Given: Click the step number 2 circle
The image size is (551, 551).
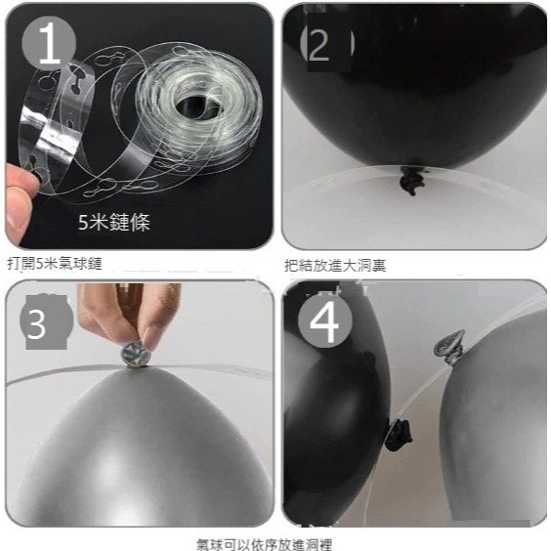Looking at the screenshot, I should (318, 45).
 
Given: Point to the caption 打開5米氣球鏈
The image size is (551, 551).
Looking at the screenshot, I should (55, 264).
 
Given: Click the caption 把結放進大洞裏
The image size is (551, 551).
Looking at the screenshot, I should (328, 265).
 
